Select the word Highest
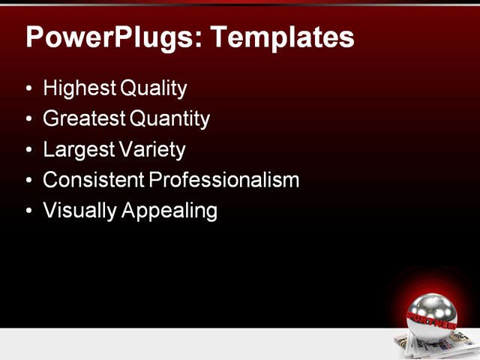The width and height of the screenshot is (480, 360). tap(79, 88)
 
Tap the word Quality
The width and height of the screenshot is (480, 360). tap(152, 88)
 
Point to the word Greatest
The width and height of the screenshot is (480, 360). tap(85, 118)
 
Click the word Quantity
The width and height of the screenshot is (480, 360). tap(169, 118)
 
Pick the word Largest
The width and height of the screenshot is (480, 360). tap(77, 149)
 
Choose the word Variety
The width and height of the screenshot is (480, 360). tap(151, 149)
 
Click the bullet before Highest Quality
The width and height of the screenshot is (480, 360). tap(29, 89)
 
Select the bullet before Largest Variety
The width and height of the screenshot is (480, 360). tap(29, 150)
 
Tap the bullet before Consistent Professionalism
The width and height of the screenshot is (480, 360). tap(29, 181)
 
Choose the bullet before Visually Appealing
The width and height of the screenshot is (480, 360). tap(29, 211)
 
